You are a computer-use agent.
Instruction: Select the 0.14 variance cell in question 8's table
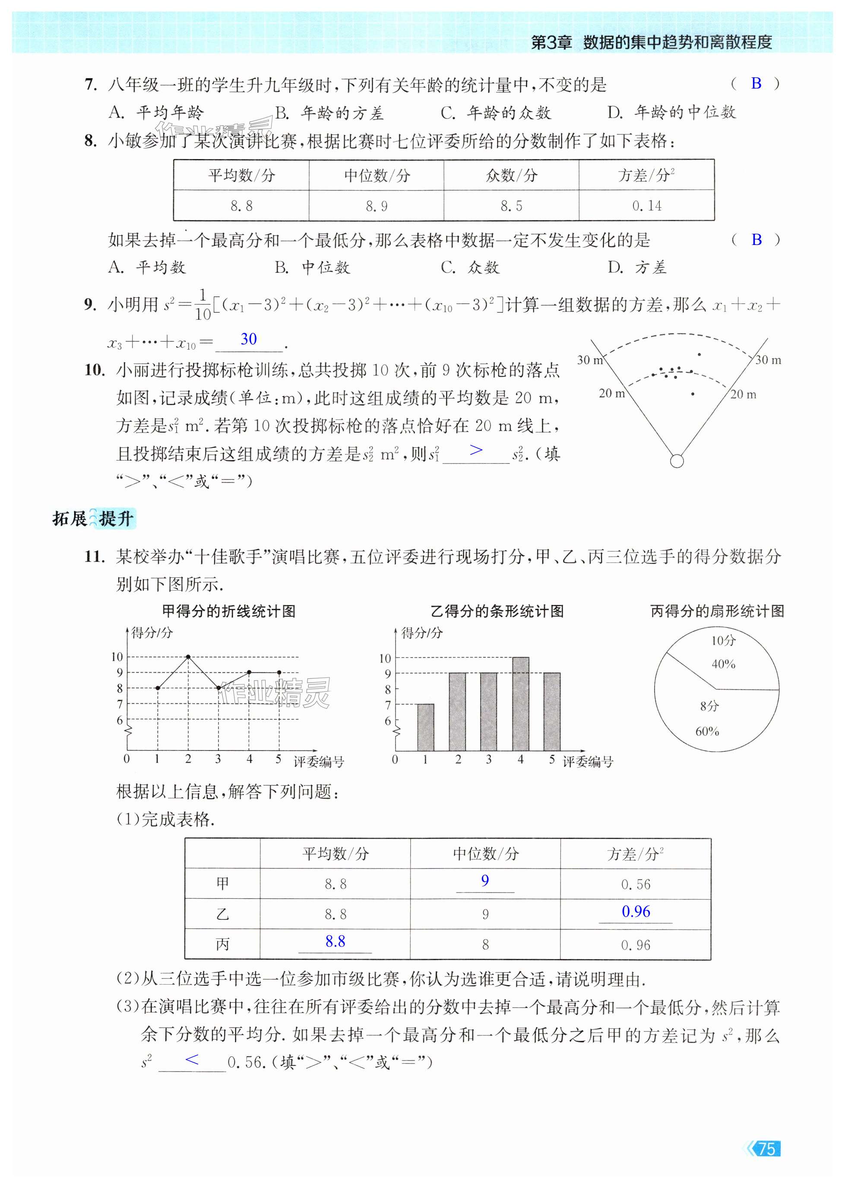point(647,206)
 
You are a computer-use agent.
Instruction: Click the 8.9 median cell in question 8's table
point(376,206)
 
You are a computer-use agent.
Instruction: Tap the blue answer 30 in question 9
point(249,340)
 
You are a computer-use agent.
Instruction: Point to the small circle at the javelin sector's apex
point(677,461)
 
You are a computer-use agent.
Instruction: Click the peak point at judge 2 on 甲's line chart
point(188,657)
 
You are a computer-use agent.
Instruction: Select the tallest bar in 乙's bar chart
point(521,704)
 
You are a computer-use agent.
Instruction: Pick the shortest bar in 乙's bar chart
point(426,727)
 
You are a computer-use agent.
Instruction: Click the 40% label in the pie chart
point(723,664)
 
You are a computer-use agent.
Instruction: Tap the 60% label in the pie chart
point(707,731)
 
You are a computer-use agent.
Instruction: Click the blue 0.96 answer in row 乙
point(636,912)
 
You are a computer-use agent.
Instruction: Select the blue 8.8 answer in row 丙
point(335,941)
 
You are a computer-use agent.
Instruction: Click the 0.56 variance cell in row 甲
point(636,884)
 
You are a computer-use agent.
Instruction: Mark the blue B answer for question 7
point(756,83)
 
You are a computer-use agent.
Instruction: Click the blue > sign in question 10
point(475,450)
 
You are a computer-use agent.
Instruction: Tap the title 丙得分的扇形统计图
point(717,611)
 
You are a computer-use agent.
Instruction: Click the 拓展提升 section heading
point(94,518)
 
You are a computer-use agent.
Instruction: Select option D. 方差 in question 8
point(637,267)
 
